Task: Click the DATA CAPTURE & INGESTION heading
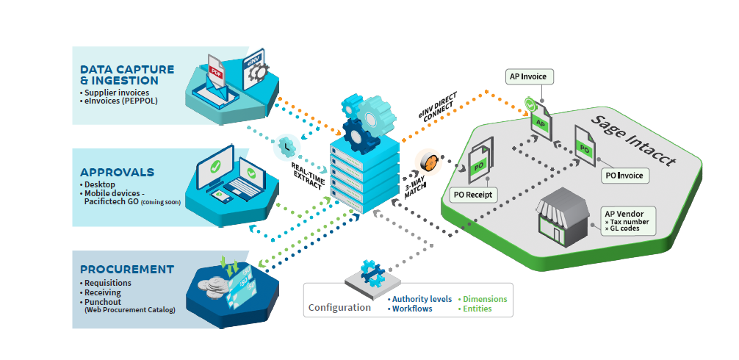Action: coord(126,75)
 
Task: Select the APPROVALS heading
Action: coord(117,172)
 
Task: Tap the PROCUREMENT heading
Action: coord(126,269)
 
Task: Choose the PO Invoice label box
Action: coord(625,176)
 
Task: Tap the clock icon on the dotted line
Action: coord(284,147)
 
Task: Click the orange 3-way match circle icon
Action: coord(428,161)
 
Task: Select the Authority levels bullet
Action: coord(421,299)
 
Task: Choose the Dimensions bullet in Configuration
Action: coord(484,299)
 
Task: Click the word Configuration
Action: coord(339,307)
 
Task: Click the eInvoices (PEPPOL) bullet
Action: coord(120,101)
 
